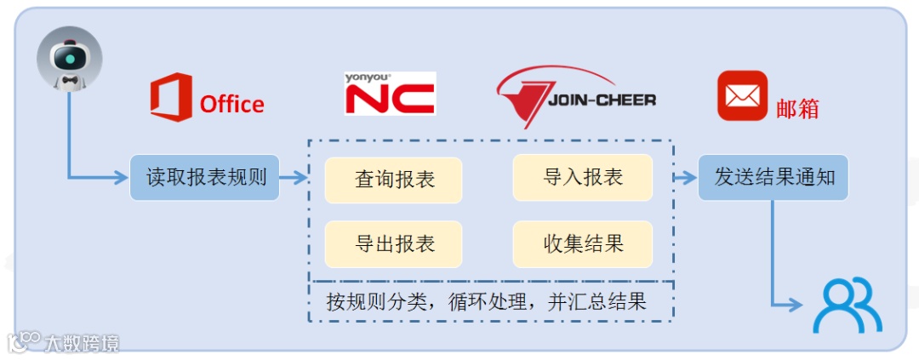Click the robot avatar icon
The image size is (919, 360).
click(x=69, y=60)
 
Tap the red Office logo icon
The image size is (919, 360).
click(x=170, y=97)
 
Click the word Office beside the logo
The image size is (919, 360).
click(x=231, y=105)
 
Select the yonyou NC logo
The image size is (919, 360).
click(x=390, y=94)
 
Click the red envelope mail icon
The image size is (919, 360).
click(x=742, y=95)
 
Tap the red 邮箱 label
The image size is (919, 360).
click(x=797, y=109)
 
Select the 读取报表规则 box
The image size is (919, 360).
click(x=204, y=178)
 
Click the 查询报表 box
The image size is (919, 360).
click(x=393, y=180)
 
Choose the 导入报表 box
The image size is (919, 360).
click(x=583, y=177)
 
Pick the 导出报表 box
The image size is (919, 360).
click(x=393, y=244)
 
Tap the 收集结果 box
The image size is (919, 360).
click(x=583, y=244)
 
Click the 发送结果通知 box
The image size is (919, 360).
click(x=773, y=178)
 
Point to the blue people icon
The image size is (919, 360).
click(x=847, y=306)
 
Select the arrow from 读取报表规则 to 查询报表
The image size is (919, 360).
click(x=294, y=178)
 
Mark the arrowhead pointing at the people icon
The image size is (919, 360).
click(x=797, y=306)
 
